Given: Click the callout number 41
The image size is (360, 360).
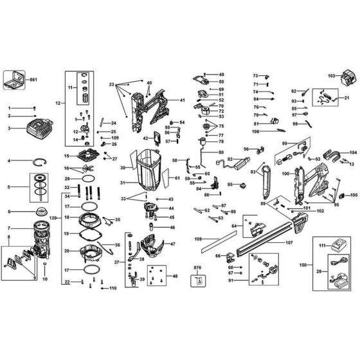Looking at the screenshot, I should point(183,100).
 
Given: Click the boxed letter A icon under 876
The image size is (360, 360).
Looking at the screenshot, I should point(199,280).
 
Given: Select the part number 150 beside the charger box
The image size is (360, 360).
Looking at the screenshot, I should point(302,264).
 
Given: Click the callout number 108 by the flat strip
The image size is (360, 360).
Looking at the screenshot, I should point(198,239).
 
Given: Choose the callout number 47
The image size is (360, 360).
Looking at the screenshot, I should point(172,244).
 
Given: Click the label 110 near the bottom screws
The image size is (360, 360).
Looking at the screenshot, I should point(113,287).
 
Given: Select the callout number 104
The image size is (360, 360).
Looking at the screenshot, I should point(352,152).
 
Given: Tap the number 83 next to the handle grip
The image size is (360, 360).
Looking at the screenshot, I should point(255,172).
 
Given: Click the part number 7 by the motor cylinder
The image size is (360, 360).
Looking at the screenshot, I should point(9,229).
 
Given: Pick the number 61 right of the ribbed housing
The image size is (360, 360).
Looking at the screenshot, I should point(177,177).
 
